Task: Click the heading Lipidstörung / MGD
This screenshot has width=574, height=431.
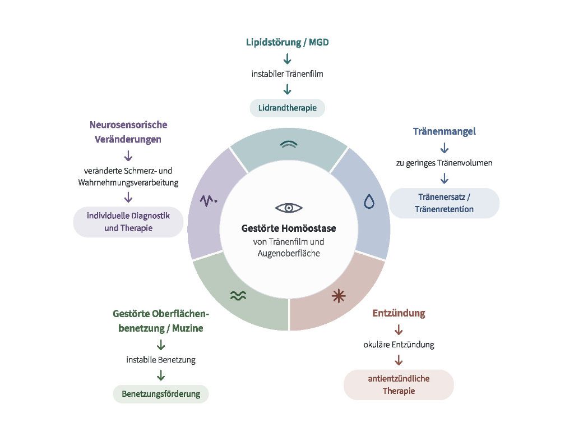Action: [288, 43]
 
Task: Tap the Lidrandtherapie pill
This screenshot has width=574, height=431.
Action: [288, 108]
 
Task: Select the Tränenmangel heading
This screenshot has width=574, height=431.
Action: [445, 131]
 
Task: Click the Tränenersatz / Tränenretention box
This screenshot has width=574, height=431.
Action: [445, 203]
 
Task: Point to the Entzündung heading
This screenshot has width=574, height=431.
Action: [399, 313]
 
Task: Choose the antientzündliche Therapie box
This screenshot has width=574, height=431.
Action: [399, 385]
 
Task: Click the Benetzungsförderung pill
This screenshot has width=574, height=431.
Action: [161, 394]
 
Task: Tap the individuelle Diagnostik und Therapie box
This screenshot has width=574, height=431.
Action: [128, 222]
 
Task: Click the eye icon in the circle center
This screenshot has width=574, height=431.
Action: [289, 208]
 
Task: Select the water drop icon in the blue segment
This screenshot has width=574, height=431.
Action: [369, 201]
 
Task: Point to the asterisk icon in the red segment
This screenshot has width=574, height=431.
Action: [339, 296]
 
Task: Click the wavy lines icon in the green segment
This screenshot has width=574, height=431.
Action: [238, 295]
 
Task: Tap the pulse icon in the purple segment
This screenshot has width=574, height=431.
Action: [209, 200]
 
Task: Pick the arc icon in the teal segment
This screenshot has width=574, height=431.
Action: [289, 144]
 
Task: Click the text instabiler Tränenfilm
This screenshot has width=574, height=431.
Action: [288, 74]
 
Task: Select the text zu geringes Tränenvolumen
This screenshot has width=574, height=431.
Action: [445, 163]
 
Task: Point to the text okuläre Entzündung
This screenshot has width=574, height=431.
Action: [399, 345]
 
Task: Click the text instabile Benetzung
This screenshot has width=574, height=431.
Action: [161, 360]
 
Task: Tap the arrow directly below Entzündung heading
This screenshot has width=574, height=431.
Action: [399, 329]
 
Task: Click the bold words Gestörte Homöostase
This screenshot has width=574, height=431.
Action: [289, 228]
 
